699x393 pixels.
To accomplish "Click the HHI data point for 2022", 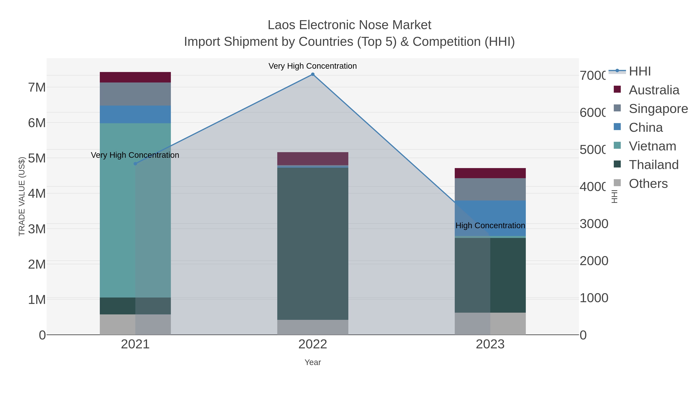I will pyautogui.click(x=313, y=74).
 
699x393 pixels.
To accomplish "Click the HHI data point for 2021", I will pyautogui.click(x=135, y=164).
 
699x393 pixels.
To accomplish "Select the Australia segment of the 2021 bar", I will pyautogui.click(x=135, y=77).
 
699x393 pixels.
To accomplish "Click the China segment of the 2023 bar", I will pyautogui.click(x=490, y=214).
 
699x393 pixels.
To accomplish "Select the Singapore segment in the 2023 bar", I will pyautogui.click(x=490, y=189).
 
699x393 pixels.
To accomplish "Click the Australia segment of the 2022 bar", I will pyautogui.click(x=313, y=159).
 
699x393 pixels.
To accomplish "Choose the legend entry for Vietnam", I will pyautogui.click(x=652, y=146).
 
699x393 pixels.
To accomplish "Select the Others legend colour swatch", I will pyautogui.click(x=617, y=183).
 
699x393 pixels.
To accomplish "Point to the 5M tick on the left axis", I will pyautogui.click(x=37, y=158).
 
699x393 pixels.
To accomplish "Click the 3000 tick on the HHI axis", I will pyautogui.click(x=594, y=224).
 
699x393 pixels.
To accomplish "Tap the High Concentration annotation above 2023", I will pyautogui.click(x=490, y=225).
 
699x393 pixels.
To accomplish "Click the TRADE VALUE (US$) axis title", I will pyautogui.click(x=22, y=196).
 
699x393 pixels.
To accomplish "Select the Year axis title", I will pyautogui.click(x=313, y=362).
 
